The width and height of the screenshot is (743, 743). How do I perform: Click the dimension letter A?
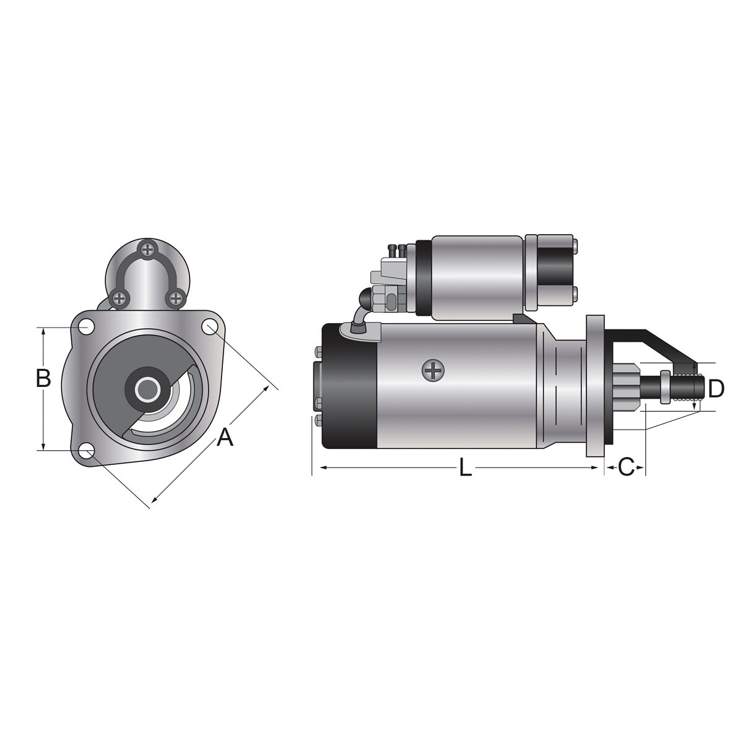[225, 437]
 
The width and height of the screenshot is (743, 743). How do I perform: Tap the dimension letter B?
[43, 378]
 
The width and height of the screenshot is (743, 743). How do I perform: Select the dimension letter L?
[466, 467]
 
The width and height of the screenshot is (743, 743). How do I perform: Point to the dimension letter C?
[626, 467]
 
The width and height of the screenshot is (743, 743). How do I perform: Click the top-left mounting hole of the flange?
[86, 327]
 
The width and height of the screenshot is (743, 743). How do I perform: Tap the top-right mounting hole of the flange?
[210, 327]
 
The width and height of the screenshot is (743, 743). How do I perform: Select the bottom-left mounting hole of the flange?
[86, 451]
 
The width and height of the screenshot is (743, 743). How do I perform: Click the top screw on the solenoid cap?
[147, 250]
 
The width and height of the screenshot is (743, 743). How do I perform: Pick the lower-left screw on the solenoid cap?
[119, 297]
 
